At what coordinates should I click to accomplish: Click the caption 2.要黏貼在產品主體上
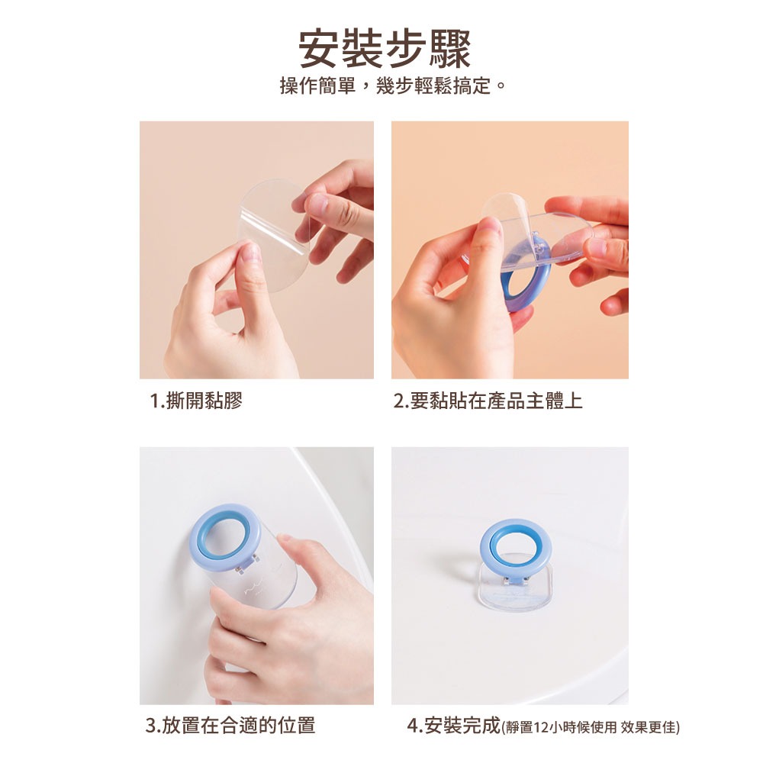(x=488, y=401)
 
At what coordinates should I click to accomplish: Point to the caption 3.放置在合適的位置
(x=230, y=725)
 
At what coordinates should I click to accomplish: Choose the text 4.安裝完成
(x=453, y=725)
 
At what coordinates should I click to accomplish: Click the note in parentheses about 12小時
(x=591, y=726)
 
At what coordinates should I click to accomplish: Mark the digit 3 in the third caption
(x=151, y=725)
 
